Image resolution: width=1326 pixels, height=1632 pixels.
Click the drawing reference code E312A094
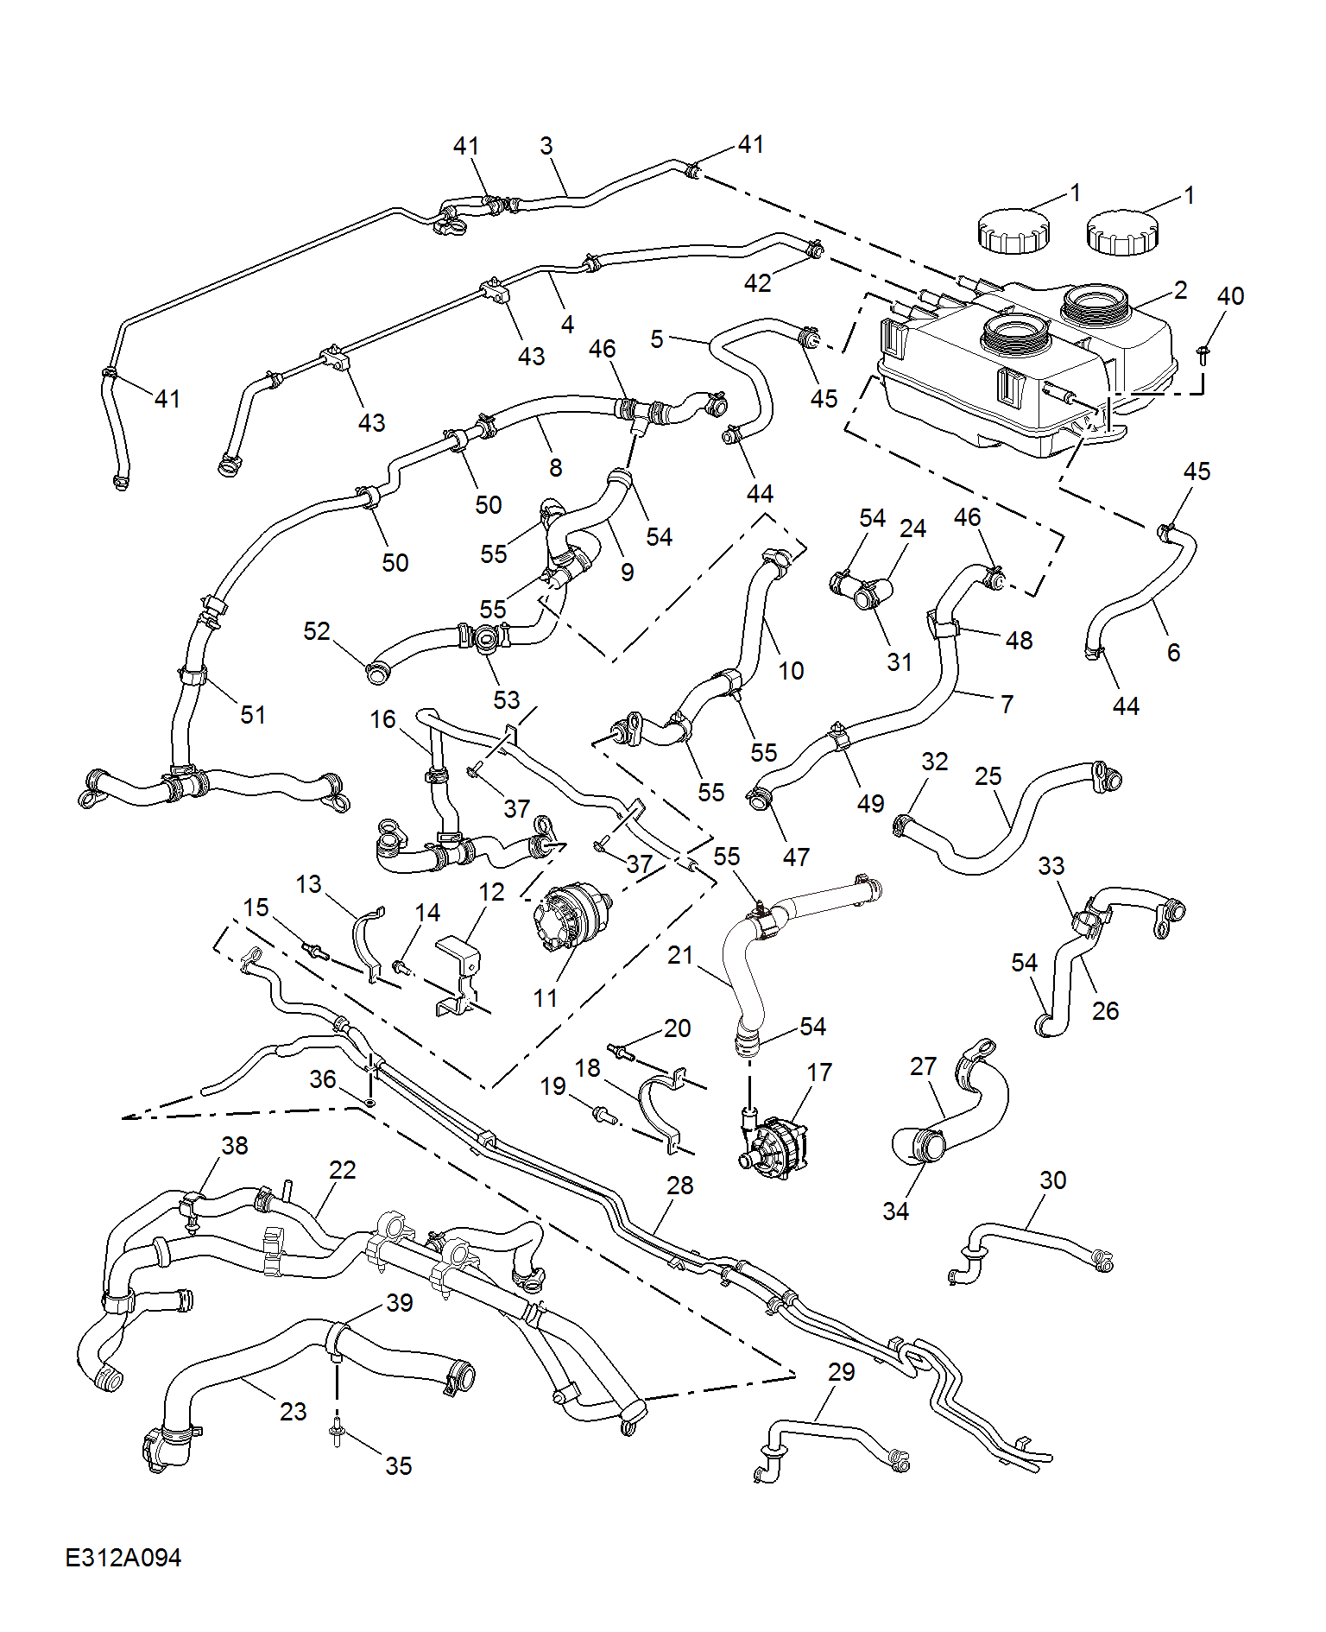[123, 1557]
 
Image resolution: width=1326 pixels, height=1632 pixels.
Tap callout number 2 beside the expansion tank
[1180, 290]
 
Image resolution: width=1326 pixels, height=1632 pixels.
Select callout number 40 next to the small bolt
[1230, 296]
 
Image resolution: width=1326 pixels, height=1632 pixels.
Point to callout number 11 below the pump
[546, 998]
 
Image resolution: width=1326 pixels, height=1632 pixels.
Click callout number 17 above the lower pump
[819, 1072]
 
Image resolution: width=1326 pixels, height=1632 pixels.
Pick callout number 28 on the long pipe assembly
[680, 1186]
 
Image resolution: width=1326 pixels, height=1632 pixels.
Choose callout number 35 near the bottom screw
[399, 1465]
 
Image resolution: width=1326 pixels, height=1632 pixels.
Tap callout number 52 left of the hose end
[317, 631]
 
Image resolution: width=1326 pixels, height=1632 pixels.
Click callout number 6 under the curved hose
[1173, 652]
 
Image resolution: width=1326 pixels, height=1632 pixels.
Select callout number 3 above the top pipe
[546, 146]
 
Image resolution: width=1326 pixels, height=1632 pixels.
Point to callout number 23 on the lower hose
[294, 1411]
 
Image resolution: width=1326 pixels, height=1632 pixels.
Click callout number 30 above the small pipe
[1053, 1180]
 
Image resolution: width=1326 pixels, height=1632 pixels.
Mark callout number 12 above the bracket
[491, 892]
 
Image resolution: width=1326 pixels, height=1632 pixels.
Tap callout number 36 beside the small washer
[323, 1079]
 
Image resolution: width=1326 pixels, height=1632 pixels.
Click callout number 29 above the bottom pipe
[842, 1372]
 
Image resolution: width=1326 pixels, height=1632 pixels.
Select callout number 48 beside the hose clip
[1020, 641]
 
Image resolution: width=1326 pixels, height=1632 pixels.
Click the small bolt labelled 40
[1203, 354]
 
